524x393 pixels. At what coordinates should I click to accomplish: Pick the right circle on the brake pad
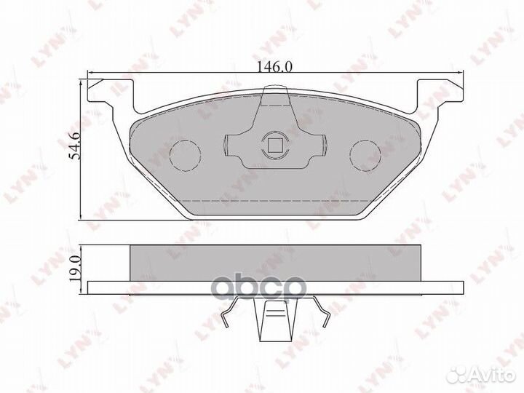point(365,151)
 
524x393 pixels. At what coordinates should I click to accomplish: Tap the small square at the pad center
point(274,144)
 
